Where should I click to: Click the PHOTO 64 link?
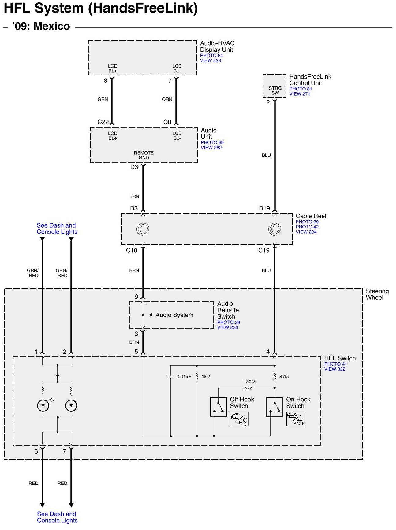(x=211, y=55)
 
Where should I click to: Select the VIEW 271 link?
(x=300, y=94)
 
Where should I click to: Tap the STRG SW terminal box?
(x=275, y=86)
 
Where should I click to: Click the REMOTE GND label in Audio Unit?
(x=144, y=155)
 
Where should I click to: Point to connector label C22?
(x=103, y=122)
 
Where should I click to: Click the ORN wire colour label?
(x=167, y=99)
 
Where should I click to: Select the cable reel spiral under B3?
(x=143, y=228)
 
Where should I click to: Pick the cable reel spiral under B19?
(x=275, y=228)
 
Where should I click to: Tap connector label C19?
(x=264, y=250)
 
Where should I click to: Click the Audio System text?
(x=174, y=315)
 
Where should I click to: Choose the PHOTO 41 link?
(x=335, y=364)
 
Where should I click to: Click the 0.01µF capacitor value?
(x=184, y=377)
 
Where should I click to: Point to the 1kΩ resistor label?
(x=206, y=377)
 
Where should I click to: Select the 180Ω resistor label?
(x=249, y=382)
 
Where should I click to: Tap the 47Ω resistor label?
(x=284, y=377)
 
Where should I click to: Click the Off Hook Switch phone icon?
(x=239, y=419)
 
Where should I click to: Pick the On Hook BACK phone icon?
(x=296, y=419)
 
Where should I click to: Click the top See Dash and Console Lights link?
(x=57, y=228)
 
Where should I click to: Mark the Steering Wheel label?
(x=377, y=294)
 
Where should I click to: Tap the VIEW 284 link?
(x=306, y=232)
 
